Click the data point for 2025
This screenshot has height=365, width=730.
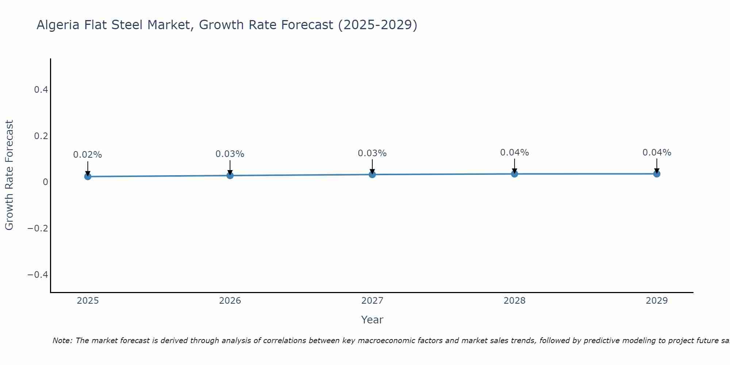(x=88, y=177)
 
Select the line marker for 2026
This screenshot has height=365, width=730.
(x=230, y=176)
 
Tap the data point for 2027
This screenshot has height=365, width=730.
(x=372, y=174)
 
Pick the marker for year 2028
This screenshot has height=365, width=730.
(x=514, y=174)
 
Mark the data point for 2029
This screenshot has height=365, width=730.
(x=657, y=174)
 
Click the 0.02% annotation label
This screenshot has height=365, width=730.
(x=88, y=155)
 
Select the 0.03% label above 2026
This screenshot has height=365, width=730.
(x=230, y=154)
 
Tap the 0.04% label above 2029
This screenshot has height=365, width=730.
(x=657, y=153)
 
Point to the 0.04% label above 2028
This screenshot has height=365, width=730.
(x=514, y=153)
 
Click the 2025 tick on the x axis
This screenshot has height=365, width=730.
(x=88, y=301)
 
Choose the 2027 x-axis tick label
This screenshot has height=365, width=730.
(x=372, y=301)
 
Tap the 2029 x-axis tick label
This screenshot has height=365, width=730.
(x=657, y=301)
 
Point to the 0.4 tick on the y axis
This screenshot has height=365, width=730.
(x=41, y=89)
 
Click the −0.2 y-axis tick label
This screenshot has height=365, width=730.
(x=38, y=228)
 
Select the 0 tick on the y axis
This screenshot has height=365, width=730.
(x=45, y=182)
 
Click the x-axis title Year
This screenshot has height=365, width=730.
(x=372, y=320)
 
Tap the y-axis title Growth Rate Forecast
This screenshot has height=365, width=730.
(x=9, y=175)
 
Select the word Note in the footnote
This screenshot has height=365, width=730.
(x=62, y=341)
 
